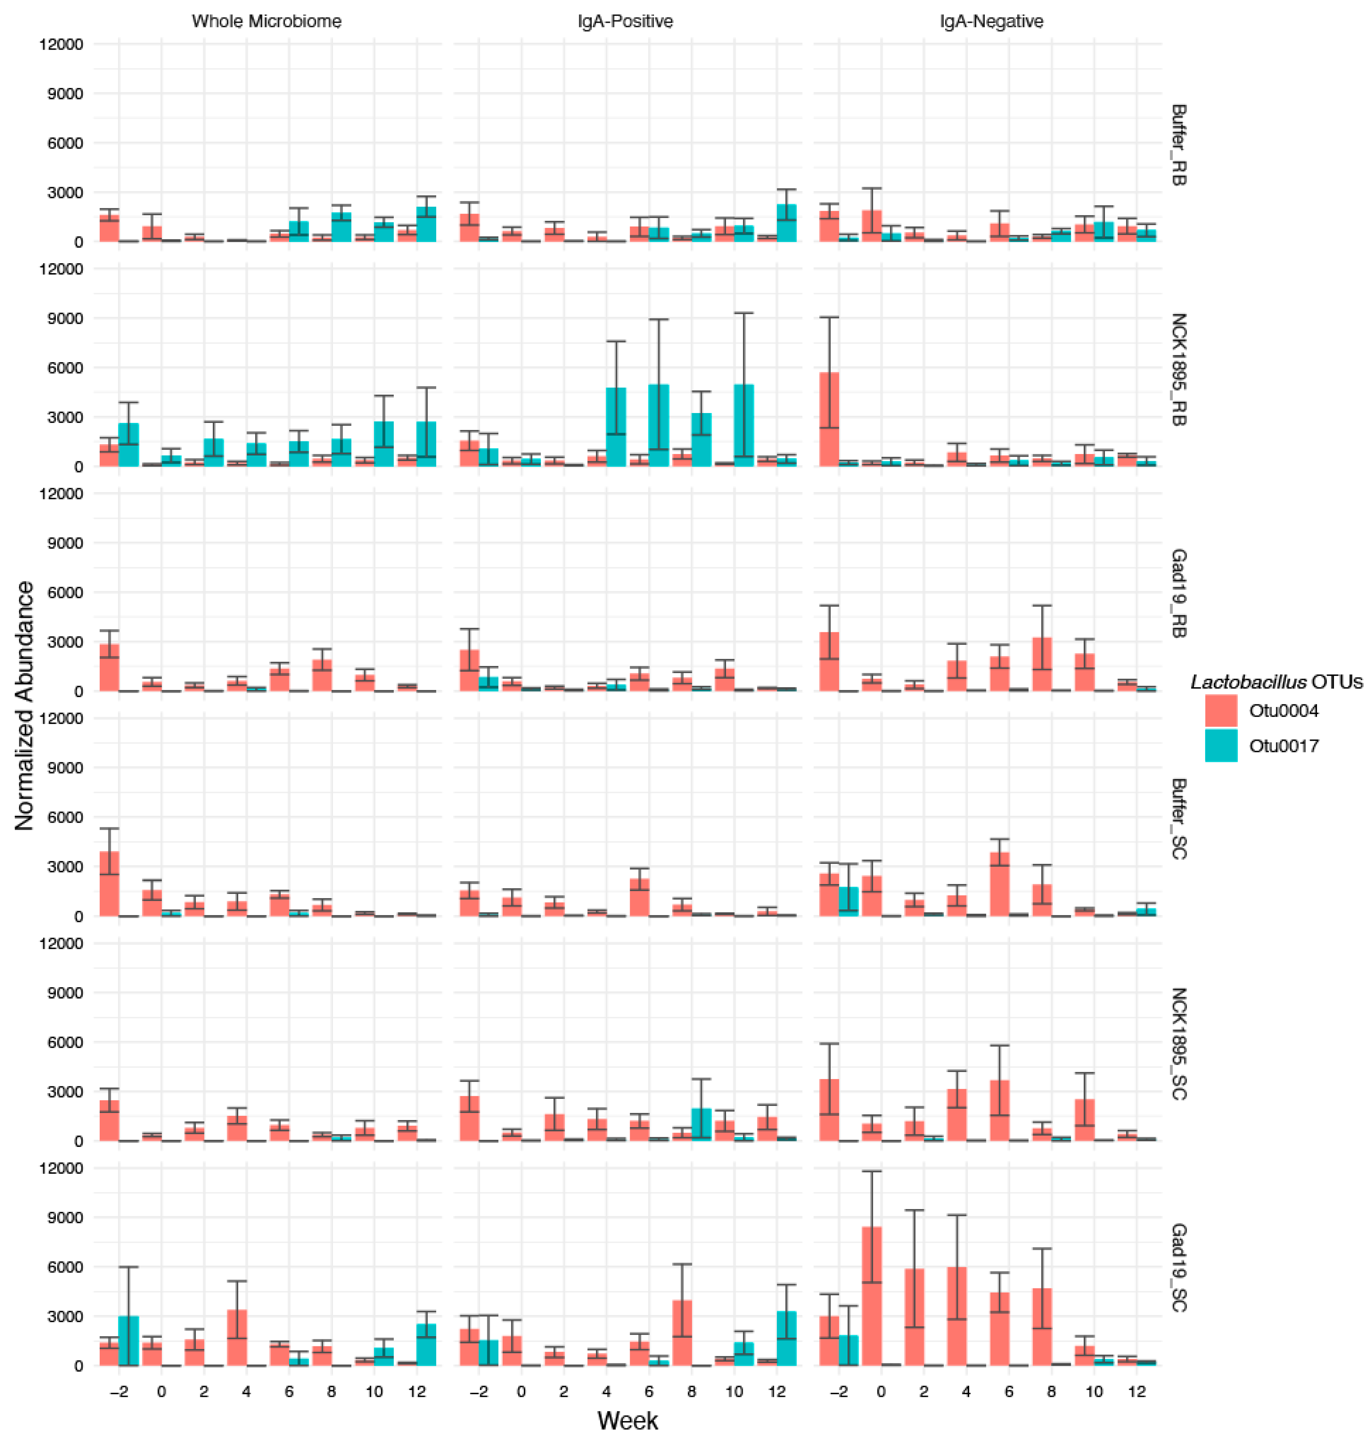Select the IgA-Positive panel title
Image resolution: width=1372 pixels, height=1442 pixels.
pyautogui.click(x=625, y=21)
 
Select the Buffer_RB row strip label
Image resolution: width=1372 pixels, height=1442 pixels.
pyautogui.click(x=1178, y=145)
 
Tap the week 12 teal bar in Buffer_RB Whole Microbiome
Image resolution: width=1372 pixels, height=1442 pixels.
pyautogui.click(x=426, y=225)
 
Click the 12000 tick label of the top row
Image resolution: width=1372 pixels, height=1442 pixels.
pyautogui.click(x=62, y=44)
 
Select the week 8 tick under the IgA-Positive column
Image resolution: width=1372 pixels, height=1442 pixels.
pyautogui.click(x=692, y=1392)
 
